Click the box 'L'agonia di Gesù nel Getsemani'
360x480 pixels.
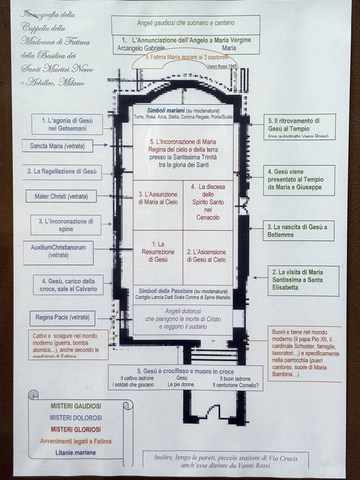pyautogui.click(x=67, y=124)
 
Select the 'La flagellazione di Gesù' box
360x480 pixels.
pyautogui.click(x=62, y=172)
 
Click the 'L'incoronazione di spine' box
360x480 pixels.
pyautogui.click(x=66, y=225)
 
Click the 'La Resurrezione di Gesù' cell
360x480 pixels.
pyautogui.click(x=158, y=252)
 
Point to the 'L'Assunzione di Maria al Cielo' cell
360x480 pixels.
pyautogui.click(x=158, y=198)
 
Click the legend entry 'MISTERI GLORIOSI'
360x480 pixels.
pyautogui.click(x=75, y=429)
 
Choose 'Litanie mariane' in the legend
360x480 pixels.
pyautogui.click(x=75, y=452)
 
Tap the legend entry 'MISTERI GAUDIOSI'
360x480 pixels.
pyautogui.click(x=75, y=406)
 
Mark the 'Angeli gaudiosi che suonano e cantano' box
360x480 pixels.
pyautogui.click(x=186, y=22)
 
